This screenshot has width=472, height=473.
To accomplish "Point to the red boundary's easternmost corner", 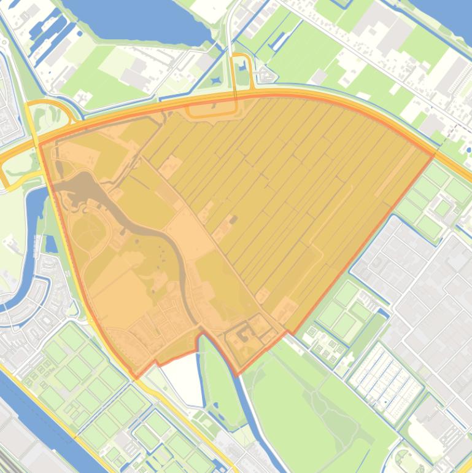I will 433,155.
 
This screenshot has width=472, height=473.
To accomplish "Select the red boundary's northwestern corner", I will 41,145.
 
